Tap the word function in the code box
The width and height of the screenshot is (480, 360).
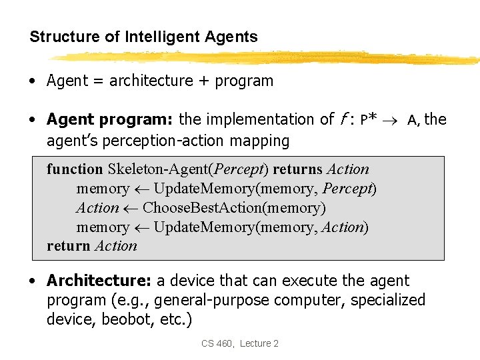click(x=75, y=169)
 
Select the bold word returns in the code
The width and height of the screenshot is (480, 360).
click(x=298, y=169)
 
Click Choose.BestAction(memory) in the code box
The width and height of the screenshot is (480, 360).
click(x=234, y=208)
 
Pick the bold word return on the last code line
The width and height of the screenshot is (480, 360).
click(x=69, y=246)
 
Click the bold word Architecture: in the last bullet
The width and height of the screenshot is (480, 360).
click(x=99, y=281)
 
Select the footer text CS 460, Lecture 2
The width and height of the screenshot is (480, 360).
click(x=240, y=343)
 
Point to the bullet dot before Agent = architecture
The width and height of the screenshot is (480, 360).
click(x=33, y=82)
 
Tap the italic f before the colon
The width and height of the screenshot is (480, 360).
click(x=342, y=120)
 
